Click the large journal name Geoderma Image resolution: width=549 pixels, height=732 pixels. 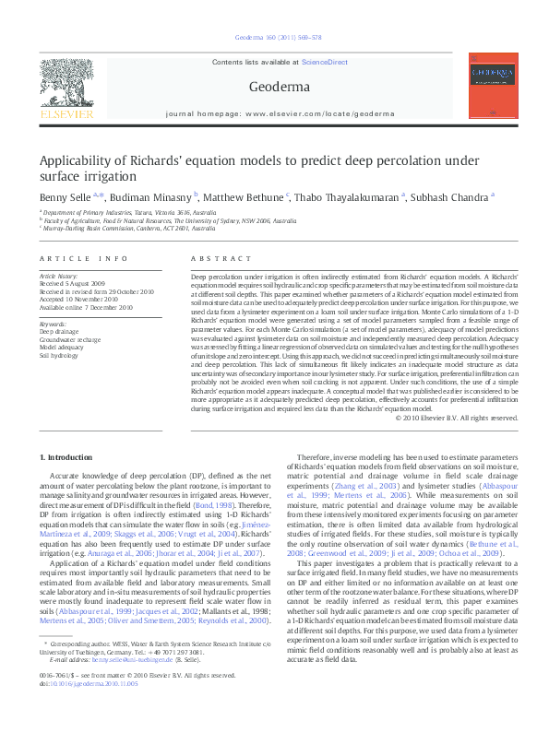273,88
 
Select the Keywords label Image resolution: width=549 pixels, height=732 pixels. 53,325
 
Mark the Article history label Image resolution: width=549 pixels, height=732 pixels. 58,276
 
